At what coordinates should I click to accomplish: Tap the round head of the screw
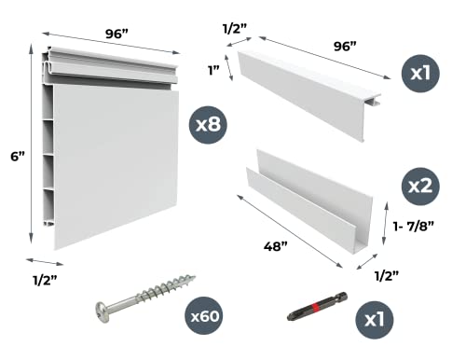click(x=105, y=311)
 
